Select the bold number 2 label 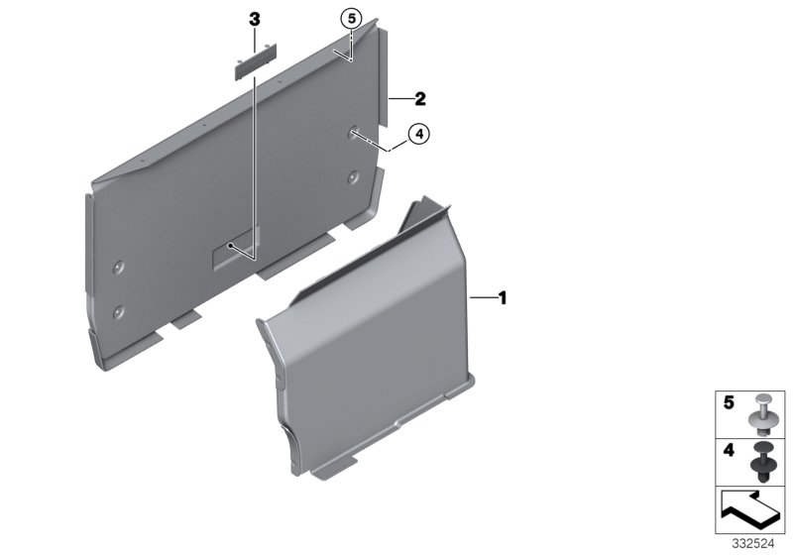(420, 99)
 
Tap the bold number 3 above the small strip (254, 20)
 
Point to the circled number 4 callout (418, 133)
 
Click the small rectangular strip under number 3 (255, 65)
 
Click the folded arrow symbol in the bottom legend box (748, 510)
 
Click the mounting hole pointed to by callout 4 (354, 134)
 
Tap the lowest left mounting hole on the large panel (119, 311)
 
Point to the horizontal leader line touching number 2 (400, 99)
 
